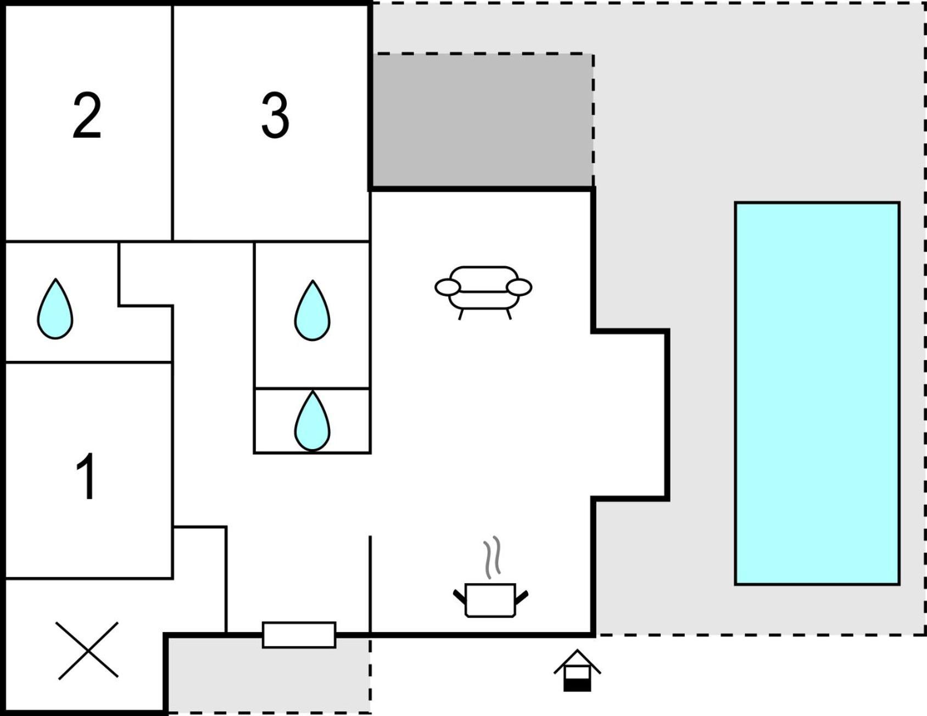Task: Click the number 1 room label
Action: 87,477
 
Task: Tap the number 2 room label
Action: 87,115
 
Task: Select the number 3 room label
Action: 275,115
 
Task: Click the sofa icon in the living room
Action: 483,292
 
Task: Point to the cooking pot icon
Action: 490,600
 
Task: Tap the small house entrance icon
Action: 577,670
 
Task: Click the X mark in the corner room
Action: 88,651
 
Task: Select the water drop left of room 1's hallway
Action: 55,309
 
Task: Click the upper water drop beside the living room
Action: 312,311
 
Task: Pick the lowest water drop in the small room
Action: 312,421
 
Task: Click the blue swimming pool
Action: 817,393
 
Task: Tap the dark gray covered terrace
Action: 482,120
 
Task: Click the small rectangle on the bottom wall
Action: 299,635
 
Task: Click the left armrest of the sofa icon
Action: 448,287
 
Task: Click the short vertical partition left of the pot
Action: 370,584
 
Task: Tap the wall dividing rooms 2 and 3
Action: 172,123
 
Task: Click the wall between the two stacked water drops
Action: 312,388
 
